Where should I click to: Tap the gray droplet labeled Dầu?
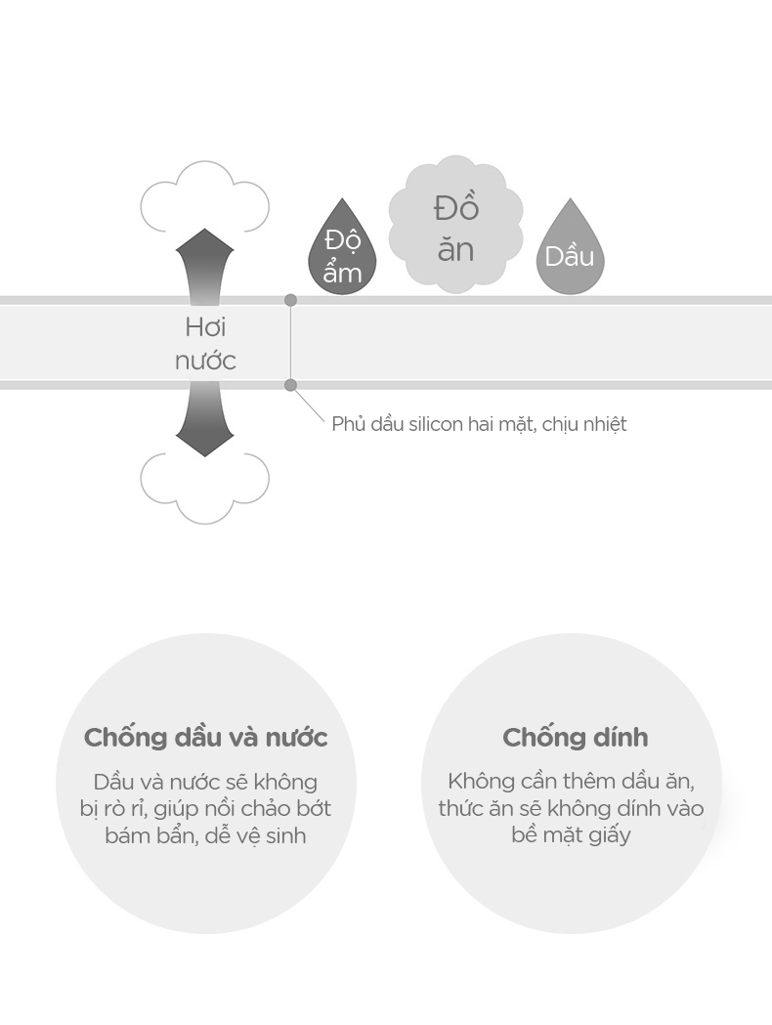(x=570, y=252)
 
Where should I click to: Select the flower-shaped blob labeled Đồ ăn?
(x=455, y=227)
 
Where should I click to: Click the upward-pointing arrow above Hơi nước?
(x=204, y=262)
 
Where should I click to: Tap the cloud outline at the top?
(x=204, y=201)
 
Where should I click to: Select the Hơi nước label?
(x=205, y=344)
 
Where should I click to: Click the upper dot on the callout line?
(x=290, y=300)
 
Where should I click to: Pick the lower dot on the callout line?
(x=290, y=385)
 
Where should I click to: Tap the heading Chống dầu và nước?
(x=205, y=738)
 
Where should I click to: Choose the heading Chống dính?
(x=575, y=738)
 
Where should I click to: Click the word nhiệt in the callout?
(x=600, y=424)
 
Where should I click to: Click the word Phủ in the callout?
(x=347, y=424)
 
